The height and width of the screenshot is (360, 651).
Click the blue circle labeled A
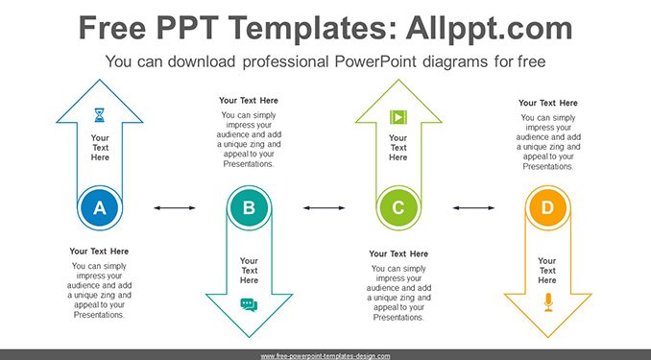click(100, 207)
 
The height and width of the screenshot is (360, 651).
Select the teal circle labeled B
click(249, 207)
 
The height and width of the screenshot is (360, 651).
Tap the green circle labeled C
click(398, 207)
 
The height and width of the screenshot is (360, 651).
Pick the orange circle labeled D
click(547, 207)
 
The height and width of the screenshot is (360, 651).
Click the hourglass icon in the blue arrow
click(100, 115)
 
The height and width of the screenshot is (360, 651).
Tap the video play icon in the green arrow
click(398, 117)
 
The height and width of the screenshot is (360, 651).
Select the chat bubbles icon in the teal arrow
click(249, 304)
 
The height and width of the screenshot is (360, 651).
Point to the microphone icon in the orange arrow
click(548, 302)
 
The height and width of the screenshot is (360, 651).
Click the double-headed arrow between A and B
click(175, 207)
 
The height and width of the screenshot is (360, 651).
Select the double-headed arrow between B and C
click(324, 207)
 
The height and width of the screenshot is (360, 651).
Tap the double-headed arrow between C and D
click(473, 207)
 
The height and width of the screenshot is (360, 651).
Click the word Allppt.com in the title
click(489, 28)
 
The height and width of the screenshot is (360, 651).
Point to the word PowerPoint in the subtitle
click(375, 61)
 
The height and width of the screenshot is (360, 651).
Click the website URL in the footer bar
click(325, 356)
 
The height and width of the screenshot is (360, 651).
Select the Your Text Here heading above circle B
click(249, 101)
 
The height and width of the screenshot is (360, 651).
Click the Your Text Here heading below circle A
click(99, 252)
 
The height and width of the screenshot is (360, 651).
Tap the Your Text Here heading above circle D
click(548, 103)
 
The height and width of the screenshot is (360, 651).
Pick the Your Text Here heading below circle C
click(398, 253)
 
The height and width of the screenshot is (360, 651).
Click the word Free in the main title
click(112, 28)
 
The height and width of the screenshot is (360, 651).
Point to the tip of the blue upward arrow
click(100, 80)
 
